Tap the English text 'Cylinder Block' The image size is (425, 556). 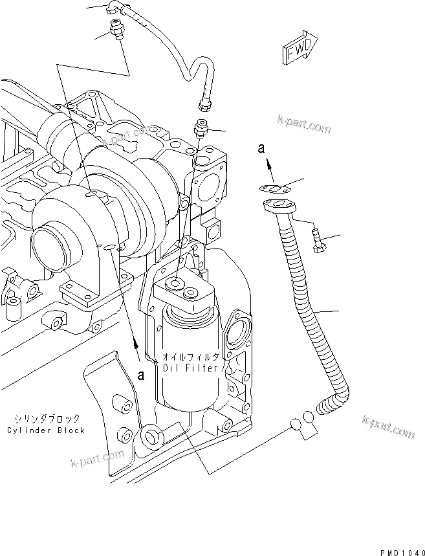(46, 430)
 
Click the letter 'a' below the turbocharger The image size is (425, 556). (141, 374)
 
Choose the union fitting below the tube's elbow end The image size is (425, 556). (116, 30)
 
